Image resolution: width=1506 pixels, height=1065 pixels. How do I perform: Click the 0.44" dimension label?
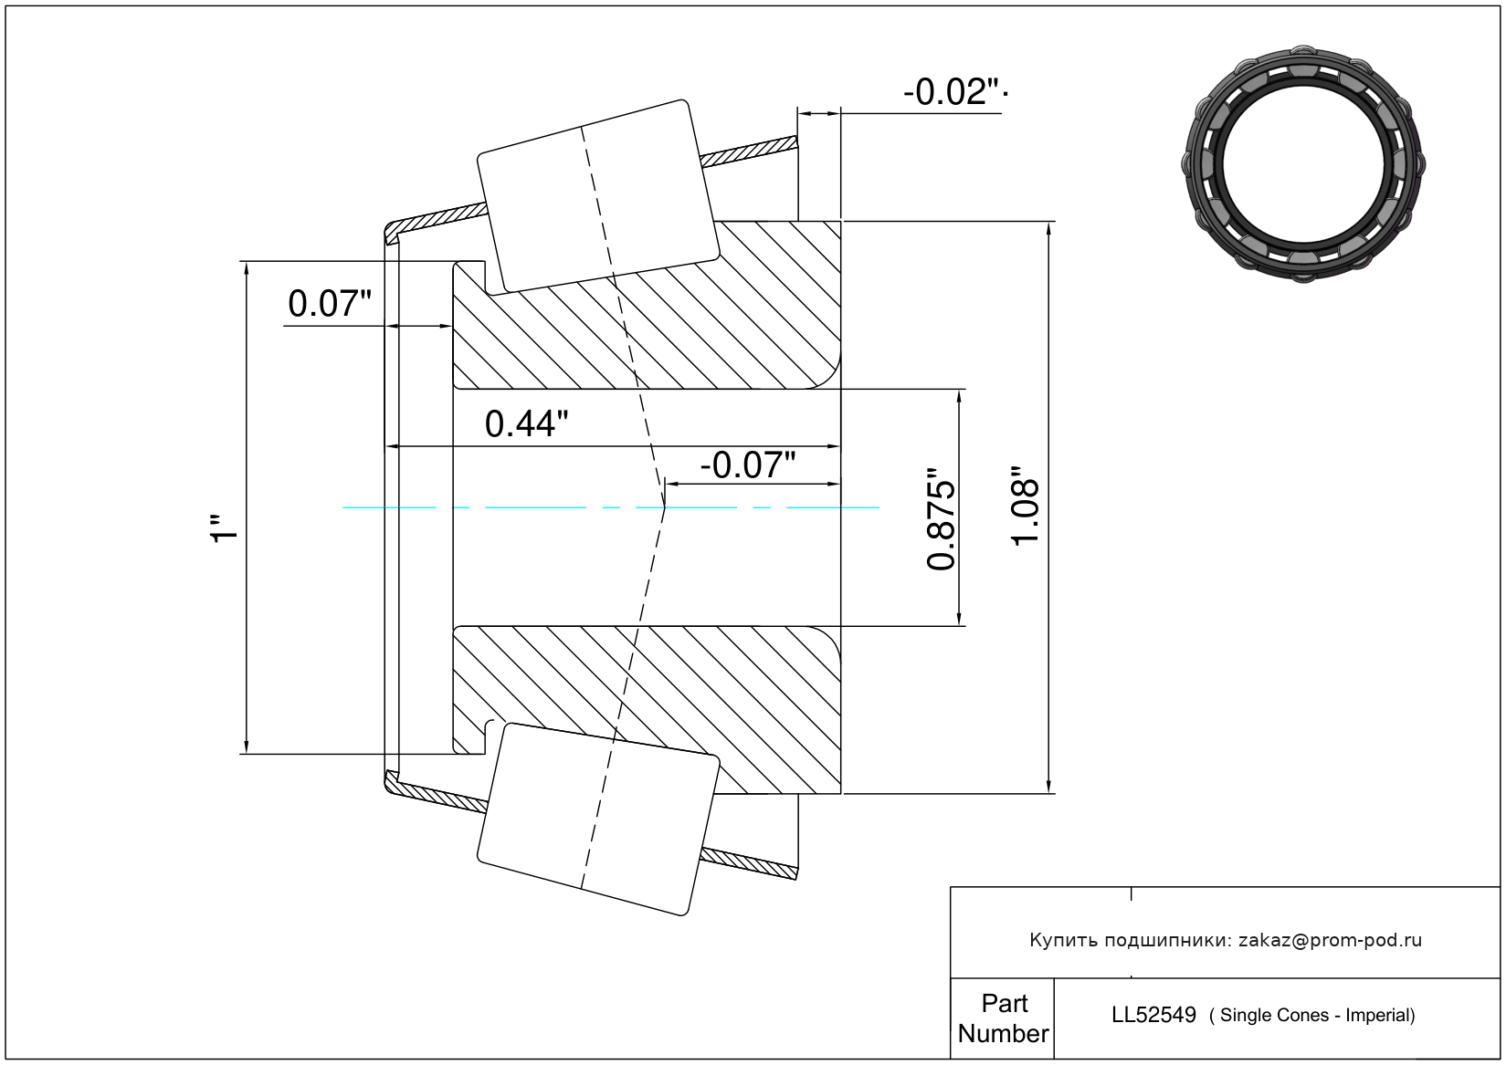pos(526,424)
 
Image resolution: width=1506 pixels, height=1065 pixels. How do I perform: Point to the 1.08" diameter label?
pos(1027,507)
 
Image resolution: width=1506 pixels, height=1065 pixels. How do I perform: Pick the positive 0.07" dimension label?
pos(330,304)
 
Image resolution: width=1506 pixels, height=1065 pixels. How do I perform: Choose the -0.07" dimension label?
pos(748,465)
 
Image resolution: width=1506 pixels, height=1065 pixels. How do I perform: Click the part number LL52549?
pos(1153,1015)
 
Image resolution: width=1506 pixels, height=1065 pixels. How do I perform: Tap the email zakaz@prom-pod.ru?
pos(1330,940)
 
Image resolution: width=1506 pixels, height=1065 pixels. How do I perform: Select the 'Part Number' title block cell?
pos(1003,1018)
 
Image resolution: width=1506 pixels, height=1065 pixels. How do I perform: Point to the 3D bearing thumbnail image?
pos(1305,162)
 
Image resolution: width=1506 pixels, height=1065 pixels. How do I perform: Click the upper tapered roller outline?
pos(598,196)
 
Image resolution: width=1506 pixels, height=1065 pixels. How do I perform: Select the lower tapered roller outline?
pos(598,819)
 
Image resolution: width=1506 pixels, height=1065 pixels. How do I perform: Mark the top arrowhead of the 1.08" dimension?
pos(1049,227)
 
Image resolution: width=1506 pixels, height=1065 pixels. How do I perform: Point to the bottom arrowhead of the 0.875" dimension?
pos(959,620)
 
